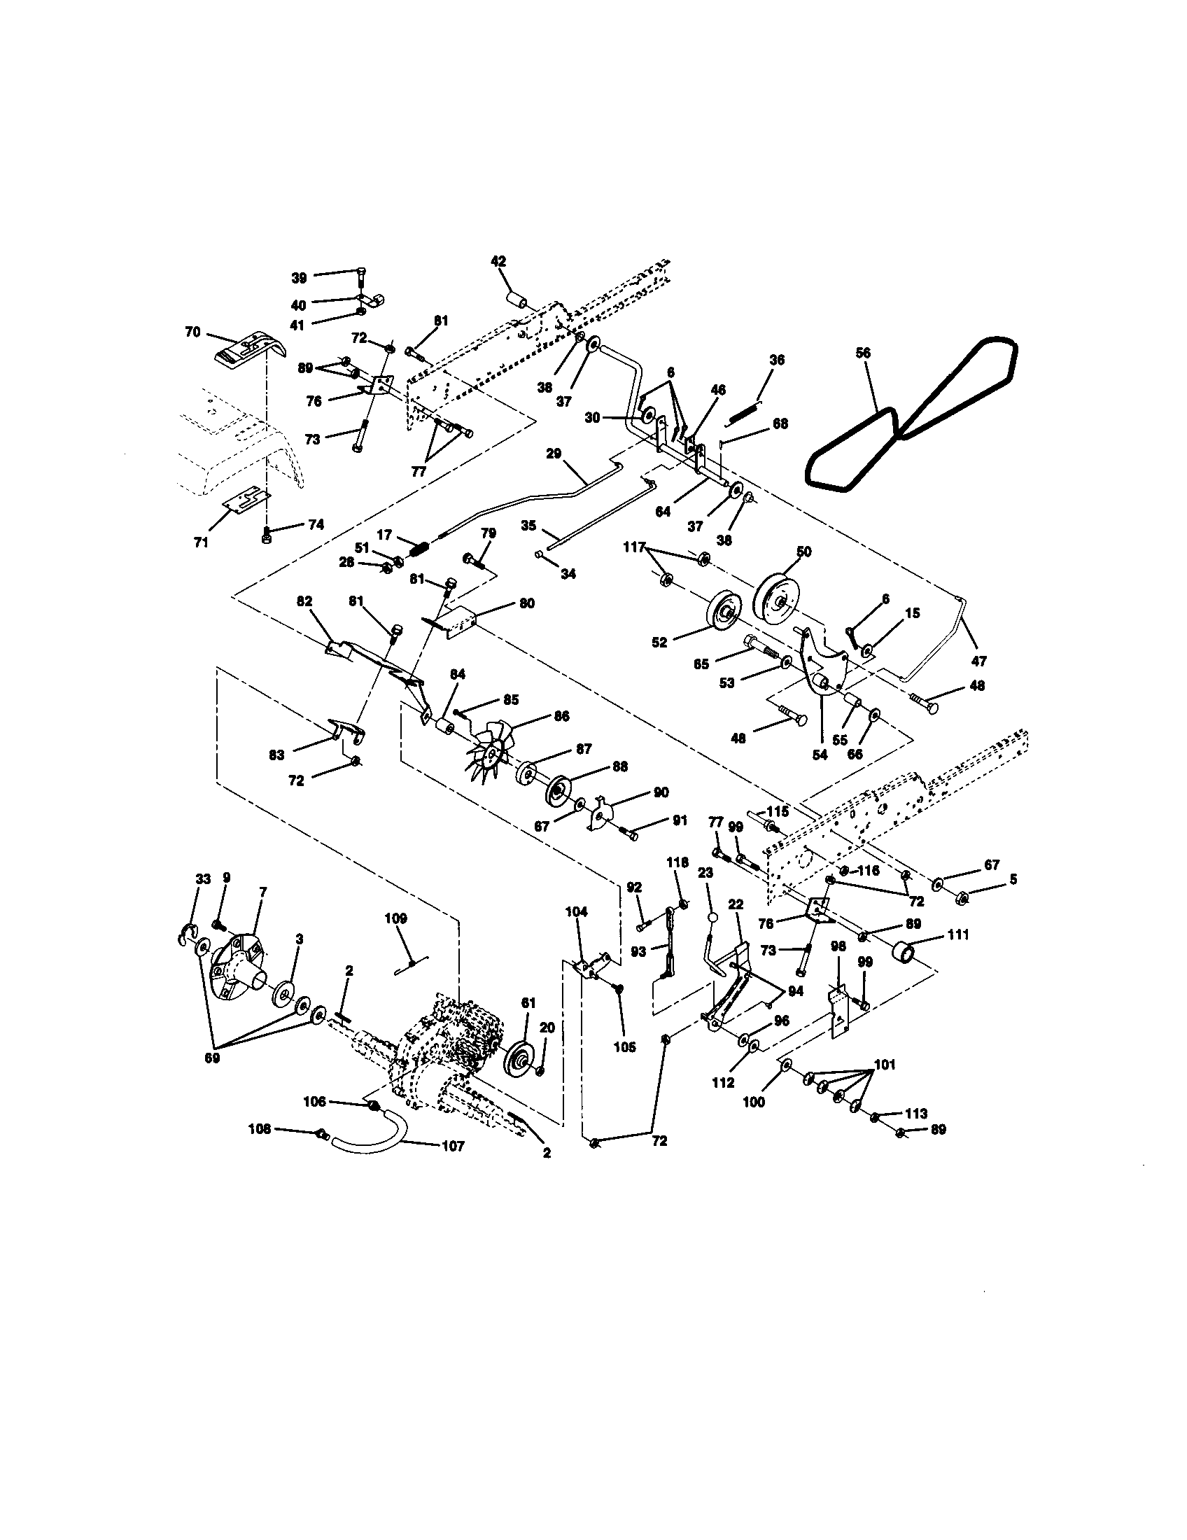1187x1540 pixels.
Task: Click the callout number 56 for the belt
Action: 862,353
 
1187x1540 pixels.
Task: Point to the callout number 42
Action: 498,261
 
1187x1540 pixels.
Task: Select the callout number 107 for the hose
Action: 453,1146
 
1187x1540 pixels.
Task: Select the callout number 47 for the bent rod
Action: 978,661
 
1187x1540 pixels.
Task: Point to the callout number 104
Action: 576,911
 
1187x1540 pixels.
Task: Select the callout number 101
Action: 884,1065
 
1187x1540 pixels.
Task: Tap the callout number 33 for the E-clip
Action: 203,879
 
